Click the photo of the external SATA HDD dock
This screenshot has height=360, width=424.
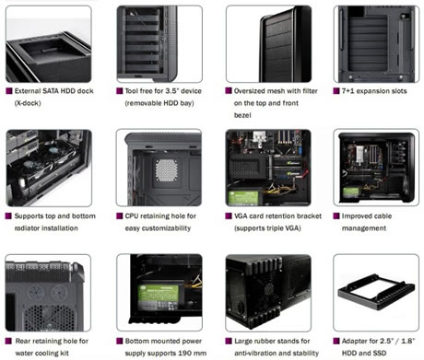click(49, 44)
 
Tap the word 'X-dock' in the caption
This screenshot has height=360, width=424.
click(28, 103)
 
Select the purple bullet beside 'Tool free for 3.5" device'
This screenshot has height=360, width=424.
click(120, 91)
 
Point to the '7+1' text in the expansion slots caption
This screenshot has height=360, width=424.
click(347, 91)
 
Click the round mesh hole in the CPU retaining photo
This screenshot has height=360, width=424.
click(166, 170)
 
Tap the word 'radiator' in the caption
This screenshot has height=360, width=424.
click(27, 228)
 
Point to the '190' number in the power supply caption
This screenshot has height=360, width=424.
click(184, 353)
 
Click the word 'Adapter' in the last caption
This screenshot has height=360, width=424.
click(355, 341)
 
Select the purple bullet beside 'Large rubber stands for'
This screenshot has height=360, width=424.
click(229, 341)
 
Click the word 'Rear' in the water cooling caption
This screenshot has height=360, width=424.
click(22, 341)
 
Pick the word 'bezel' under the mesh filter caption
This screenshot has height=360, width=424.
click(242, 115)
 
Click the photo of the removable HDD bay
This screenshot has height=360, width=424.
click(159, 44)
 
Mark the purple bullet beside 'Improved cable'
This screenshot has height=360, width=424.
click(336, 216)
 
